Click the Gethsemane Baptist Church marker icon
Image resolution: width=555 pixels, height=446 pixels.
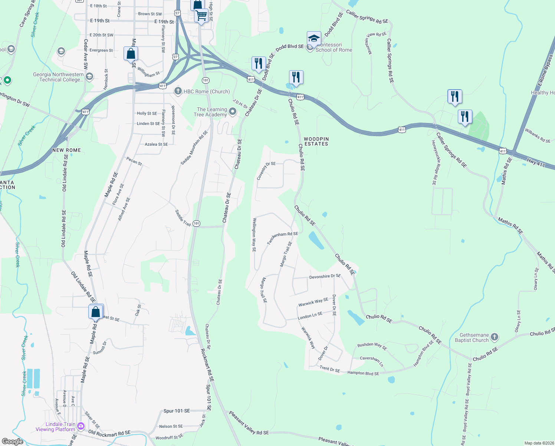click(x=494, y=337)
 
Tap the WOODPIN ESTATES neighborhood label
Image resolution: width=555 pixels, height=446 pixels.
click(x=316, y=141)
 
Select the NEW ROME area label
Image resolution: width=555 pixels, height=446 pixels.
click(x=66, y=150)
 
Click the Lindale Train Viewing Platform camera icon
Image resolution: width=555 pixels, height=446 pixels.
click(x=81, y=424)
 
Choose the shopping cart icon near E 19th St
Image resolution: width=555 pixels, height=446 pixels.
click(x=201, y=16)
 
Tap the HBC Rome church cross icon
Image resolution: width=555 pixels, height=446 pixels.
click(x=178, y=91)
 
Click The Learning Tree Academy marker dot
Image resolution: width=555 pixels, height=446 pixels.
click(x=233, y=111)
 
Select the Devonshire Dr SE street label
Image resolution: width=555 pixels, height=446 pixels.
click(x=325, y=277)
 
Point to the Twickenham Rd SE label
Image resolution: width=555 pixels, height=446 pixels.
click(x=283, y=238)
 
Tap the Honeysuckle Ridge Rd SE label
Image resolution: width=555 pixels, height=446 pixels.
click(x=434, y=162)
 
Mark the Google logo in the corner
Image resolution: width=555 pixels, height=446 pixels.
click(x=13, y=441)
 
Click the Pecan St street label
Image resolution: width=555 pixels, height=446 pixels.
click(x=134, y=161)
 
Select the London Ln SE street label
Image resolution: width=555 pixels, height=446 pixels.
click(x=310, y=316)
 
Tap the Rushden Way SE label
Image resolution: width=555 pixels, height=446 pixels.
click(x=372, y=346)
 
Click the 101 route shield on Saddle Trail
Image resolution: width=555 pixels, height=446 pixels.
click(x=196, y=223)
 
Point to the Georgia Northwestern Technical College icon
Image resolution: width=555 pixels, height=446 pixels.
click(x=89, y=77)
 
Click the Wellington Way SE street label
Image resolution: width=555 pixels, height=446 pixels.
click(x=254, y=235)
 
